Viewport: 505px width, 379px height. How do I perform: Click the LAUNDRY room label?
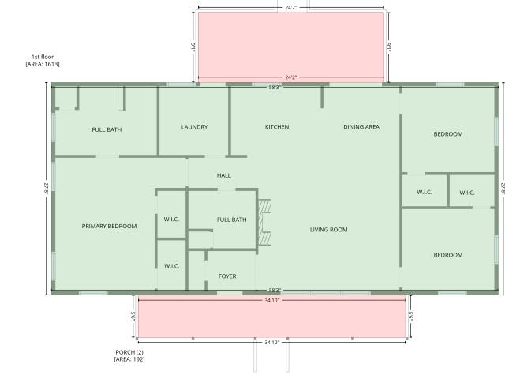click(x=194, y=127)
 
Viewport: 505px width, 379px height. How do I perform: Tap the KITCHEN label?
click(x=277, y=126)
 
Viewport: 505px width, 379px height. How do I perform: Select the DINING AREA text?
click(x=361, y=126)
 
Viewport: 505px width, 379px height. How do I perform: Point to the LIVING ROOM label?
click(x=328, y=230)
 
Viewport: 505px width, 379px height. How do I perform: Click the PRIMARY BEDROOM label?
click(x=109, y=227)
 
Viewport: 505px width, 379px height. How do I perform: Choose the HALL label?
click(x=223, y=175)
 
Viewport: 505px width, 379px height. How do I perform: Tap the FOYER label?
click(x=227, y=276)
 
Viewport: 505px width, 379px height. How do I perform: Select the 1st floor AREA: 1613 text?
click(x=43, y=60)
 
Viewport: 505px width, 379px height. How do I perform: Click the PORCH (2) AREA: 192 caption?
click(x=129, y=355)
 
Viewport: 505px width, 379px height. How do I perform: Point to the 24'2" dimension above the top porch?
click(x=290, y=7)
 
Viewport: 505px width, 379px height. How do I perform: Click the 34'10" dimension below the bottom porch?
click(x=271, y=342)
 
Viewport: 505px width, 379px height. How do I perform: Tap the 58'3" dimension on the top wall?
click(x=275, y=87)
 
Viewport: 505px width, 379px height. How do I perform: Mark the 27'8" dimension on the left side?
click(x=46, y=189)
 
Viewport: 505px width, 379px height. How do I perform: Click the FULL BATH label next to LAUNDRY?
click(x=107, y=129)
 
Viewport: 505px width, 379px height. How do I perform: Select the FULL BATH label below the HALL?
click(x=231, y=220)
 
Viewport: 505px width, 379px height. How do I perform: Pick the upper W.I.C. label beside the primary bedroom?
click(x=171, y=220)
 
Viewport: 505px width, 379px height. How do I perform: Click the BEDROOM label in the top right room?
click(x=448, y=133)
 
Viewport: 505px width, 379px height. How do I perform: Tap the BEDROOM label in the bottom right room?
click(x=448, y=255)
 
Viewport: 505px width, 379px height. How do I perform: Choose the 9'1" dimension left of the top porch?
click(x=193, y=47)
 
